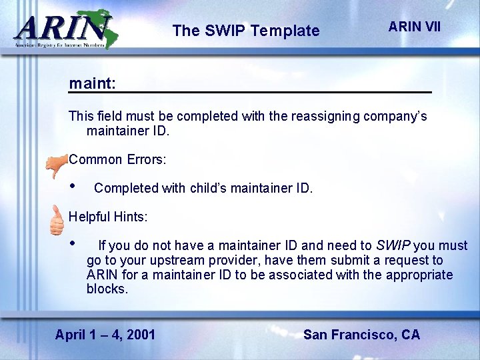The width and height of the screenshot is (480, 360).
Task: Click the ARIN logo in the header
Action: (x=63, y=29)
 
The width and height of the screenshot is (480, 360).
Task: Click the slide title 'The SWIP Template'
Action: (x=245, y=31)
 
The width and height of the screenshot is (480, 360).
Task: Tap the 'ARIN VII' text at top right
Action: (x=414, y=27)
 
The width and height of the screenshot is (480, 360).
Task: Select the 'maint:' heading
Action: (x=92, y=84)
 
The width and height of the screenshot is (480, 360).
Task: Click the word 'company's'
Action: (x=395, y=116)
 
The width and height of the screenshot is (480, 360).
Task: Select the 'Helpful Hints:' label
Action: (x=108, y=217)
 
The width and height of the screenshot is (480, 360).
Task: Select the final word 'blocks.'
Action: (x=107, y=289)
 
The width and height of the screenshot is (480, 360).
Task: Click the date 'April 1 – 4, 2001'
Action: (x=105, y=334)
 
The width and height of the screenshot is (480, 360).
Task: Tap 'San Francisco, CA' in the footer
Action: (x=361, y=334)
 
